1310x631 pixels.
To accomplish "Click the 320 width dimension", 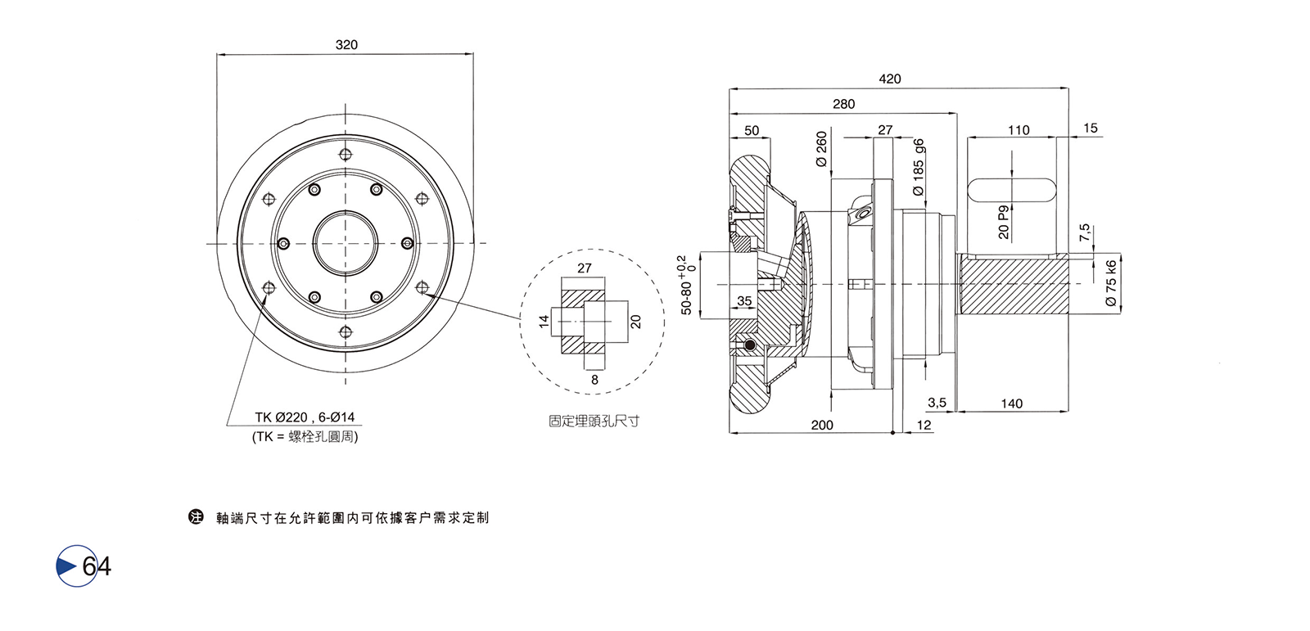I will click(x=346, y=45).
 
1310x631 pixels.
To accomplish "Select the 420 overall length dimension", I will click(x=889, y=79).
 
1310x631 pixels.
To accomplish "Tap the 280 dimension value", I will click(x=843, y=104).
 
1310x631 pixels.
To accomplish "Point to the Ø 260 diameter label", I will click(x=822, y=150).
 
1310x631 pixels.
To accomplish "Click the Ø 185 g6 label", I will click(x=919, y=168).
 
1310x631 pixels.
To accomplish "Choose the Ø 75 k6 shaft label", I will click(x=1111, y=283).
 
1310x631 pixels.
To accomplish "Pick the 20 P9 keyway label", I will click(x=1004, y=222).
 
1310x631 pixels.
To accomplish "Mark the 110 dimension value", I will click(x=1019, y=130).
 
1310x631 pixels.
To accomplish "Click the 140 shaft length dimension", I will click(x=1011, y=403).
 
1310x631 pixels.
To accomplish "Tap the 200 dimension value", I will click(x=821, y=425).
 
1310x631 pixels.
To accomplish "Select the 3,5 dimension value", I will click(x=937, y=403).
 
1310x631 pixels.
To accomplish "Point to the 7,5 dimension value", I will click(x=1085, y=232).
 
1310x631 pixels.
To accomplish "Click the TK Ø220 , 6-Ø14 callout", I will click(x=305, y=417).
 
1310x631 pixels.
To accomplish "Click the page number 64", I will click(x=96, y=566).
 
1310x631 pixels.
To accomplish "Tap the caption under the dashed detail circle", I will click(x=594, y=421).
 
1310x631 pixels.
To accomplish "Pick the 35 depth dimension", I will click(x=744, y=301).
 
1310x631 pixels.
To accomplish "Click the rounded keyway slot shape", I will click(x=1012, y=188).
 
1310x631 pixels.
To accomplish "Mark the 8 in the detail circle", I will click(x=594, y=379).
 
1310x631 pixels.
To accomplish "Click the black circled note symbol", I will click(x=196, y=517).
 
